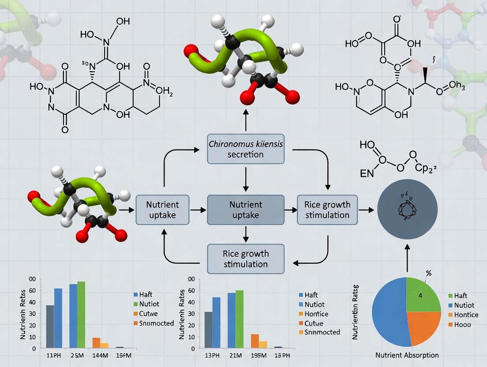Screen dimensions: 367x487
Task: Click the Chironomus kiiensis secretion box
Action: (246, 150)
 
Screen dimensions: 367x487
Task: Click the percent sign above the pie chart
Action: (428, 273)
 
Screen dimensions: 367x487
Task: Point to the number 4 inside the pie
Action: (420, 296)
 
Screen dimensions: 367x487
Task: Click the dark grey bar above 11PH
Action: (50, 326)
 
